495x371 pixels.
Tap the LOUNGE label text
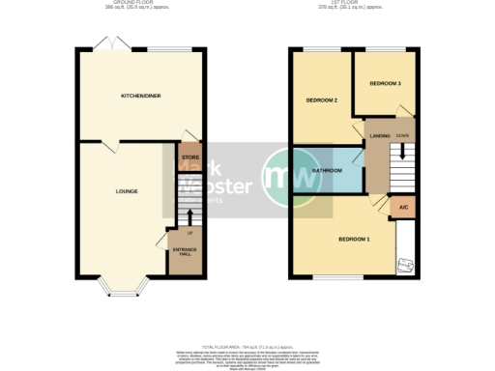pos(126,191)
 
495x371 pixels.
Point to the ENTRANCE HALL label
pos(184,252)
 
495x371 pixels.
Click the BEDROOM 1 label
pos(354,238)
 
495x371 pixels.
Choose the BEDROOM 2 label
pos(322,100)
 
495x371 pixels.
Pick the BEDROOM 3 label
pos(385,84)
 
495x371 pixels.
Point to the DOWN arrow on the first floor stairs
pos(403,150)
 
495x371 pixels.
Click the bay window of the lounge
pos(123,286)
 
